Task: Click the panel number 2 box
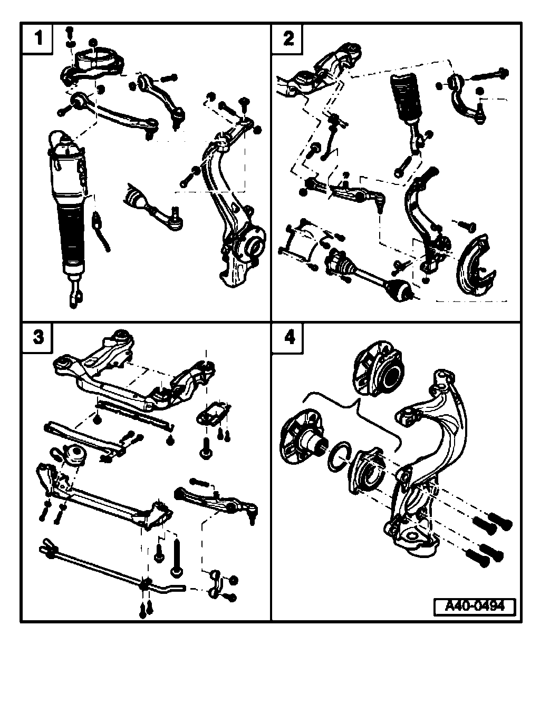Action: coord(287,38)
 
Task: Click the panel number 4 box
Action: coord(287,336)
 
